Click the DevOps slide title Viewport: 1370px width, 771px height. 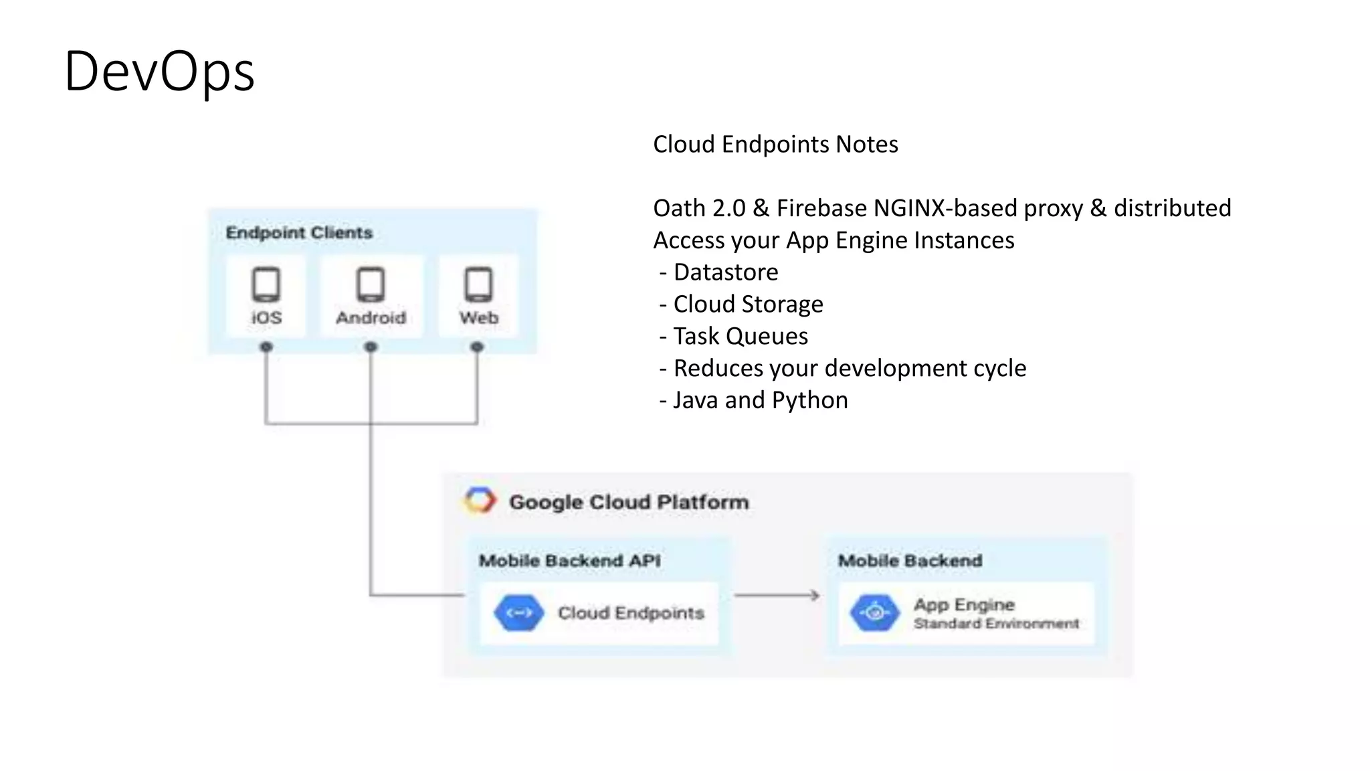(159, 72)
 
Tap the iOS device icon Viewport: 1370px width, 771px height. (266, 284)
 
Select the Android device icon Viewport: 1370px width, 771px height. (371, 284)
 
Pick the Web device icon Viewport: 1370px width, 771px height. (478, 284)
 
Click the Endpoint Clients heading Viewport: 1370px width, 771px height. (299, 233)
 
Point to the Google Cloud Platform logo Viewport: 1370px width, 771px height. (480, 501)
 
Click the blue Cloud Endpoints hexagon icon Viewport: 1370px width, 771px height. (518, 612)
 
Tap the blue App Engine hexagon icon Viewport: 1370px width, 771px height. (874, 612)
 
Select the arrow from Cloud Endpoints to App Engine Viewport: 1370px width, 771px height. (777, 595)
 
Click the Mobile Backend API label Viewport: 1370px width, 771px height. (569, 561)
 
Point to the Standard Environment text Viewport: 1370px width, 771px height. (996, 624)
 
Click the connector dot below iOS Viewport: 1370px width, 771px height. (266, 347)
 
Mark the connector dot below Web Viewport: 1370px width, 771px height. (477, 347)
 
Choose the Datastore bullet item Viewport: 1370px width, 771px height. (725, 272)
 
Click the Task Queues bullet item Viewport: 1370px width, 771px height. (740, 336)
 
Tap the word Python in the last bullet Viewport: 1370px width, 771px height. (809, 400)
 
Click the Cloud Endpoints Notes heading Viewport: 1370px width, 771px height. (775, 145)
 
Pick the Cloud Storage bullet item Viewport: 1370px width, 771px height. (747, 305)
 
